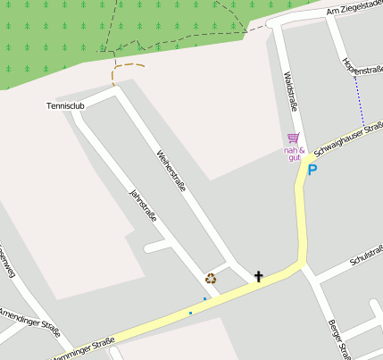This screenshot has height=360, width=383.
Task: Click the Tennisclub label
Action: click(x=65, y=106)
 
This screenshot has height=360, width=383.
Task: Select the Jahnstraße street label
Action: click(x=143, y=206)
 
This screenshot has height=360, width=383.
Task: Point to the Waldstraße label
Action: click(x=289, y=92)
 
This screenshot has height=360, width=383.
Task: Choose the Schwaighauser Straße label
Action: click(x=350, y=138)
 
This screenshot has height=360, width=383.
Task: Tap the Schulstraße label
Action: click(x=367, y=255)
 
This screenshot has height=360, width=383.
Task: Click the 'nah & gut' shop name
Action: click(x=295, y=154)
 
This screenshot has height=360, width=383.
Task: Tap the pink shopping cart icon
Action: click(x=293, y=138)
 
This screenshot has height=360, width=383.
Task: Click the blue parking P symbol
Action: click(x=312, y=169)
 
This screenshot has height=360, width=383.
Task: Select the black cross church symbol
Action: click(x=259, y=276)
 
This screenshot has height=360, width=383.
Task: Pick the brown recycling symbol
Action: click(x=211, y=279)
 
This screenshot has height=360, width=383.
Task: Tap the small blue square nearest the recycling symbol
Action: click(x=204, y=298)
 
